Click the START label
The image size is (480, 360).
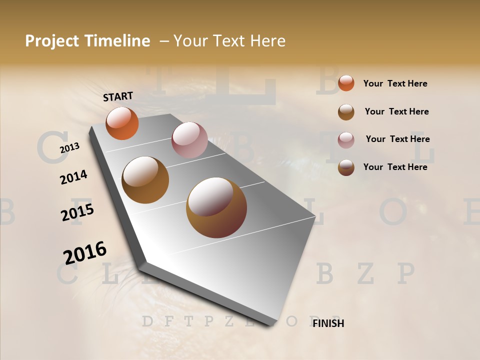[118, 96]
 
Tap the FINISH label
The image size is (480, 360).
[328, 323]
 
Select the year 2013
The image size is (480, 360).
[69, 148]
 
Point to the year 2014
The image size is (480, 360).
[73, 177]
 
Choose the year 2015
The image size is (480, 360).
[77, 212]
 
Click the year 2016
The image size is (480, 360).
[85, 252]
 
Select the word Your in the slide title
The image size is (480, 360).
[190, 41]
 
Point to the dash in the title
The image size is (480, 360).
[164, 41]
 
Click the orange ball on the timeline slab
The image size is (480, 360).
[122, 123]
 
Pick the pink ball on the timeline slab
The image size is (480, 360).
[189, 140]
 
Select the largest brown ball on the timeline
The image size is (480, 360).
[216, 207]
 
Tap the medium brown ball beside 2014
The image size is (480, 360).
[145, 179]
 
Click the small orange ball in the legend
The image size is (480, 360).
[346, 83]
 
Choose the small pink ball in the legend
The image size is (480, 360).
[346, 140]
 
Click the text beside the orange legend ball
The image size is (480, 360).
[395, 83]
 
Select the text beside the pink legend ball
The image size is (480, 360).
[397, 139]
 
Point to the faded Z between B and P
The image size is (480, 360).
[366, 273]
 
